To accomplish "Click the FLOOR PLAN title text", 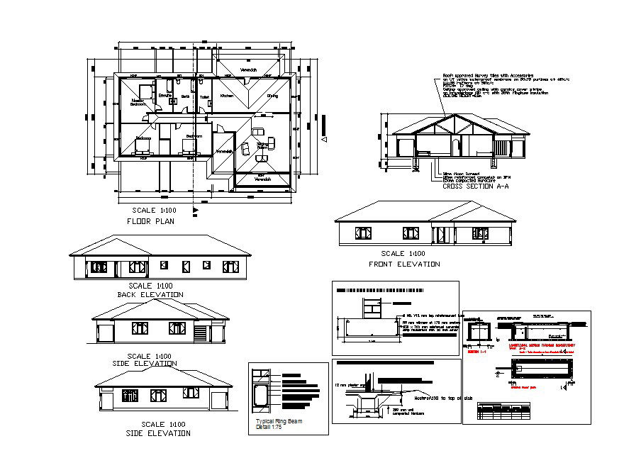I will coord(150,221).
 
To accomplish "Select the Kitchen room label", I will coord(226,95).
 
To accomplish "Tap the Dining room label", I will coord(272,95).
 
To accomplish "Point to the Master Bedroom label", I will coord(138,102).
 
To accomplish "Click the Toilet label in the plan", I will coord(204,96).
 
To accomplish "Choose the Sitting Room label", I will coord(262,145).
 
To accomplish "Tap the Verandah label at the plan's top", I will coord(248,70).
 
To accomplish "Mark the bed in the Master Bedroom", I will coord(147,90).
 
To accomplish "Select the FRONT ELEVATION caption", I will coord(404,264).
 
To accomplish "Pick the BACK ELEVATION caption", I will coord(150,294).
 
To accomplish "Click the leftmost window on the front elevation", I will coord(364,233).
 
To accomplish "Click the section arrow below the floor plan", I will coord(195,210).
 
